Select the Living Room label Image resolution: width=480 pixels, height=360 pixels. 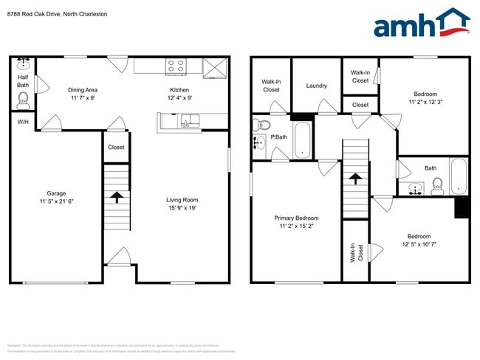click(181, 199)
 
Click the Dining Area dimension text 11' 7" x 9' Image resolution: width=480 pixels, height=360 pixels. click(83, 97)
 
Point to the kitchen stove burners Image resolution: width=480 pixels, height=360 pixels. click(176, 65)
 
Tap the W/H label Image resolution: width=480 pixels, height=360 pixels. click(23, 122)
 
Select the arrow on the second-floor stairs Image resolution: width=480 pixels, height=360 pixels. click(355, 179)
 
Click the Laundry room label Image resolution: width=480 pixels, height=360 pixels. click(317, 86)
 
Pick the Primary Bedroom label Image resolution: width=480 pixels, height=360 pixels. click(296, 218)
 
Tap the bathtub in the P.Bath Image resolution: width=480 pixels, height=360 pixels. click(303, 141)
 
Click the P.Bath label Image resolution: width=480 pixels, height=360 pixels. click(278, 137)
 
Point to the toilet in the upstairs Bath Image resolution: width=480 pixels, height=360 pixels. click(437, 184)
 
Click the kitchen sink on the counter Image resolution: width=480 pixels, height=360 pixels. click(190, 121)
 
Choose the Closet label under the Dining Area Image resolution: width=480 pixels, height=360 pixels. click(116, 147)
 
